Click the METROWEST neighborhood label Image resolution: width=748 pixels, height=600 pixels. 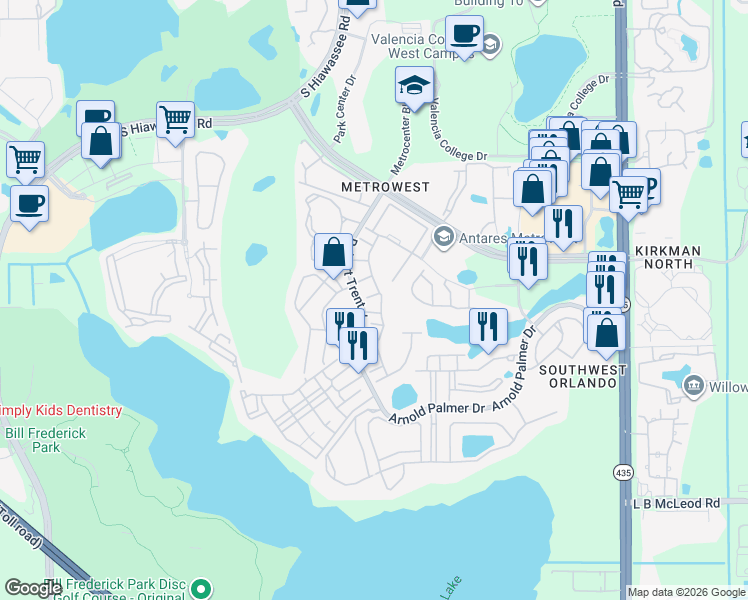(x=384, y=187)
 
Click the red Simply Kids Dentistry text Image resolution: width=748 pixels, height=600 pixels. (x=60, y=411)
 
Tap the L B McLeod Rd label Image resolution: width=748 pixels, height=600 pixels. (x=678, y=504)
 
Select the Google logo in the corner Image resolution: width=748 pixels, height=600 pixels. (x=33, y=588)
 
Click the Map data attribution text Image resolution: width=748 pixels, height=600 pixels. (x=686, y=592)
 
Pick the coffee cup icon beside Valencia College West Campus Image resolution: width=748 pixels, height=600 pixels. (x=464, y=33)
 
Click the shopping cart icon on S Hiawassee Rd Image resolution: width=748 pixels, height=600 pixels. (x=175, y=119)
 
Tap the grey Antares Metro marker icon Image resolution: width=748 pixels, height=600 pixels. (x=442, y=236)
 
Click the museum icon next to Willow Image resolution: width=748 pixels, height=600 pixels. (x=693, y=386)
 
